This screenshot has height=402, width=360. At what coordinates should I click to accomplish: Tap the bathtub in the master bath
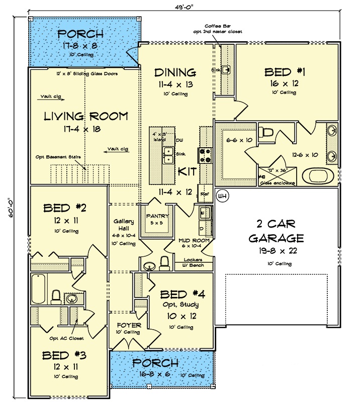318,176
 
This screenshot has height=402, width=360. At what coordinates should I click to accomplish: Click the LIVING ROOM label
85,117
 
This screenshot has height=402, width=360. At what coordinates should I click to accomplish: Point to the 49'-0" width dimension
179,7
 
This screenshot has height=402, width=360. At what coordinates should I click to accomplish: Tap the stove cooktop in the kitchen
206,155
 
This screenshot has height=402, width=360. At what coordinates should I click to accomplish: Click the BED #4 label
181,294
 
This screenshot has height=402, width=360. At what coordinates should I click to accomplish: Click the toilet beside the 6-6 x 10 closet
267,134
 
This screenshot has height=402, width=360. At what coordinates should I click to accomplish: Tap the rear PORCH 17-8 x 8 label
81,34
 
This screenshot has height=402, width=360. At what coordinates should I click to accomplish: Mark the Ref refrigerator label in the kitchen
205,193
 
